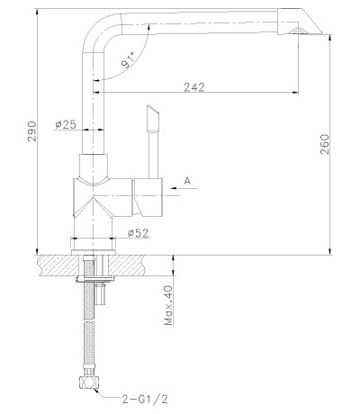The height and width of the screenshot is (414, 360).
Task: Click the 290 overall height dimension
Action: (x=31, y=131)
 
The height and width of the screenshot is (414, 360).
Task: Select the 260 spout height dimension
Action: (x=325, y=144)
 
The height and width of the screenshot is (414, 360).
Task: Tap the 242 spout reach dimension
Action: (x=194, y=87)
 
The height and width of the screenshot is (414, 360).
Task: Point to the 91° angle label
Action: (x=128, y=61)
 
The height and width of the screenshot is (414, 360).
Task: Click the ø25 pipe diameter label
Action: (x=66, y=124)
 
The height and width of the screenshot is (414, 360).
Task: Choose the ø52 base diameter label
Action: (x=138, y=233)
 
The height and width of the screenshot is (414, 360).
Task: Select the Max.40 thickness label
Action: (x=169, y=305)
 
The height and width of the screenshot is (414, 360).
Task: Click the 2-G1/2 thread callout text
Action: (x=145, y=399)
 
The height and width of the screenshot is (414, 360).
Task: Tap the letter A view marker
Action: (x=187, y=181)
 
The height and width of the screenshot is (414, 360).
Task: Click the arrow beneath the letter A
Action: (x=184, y=188)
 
